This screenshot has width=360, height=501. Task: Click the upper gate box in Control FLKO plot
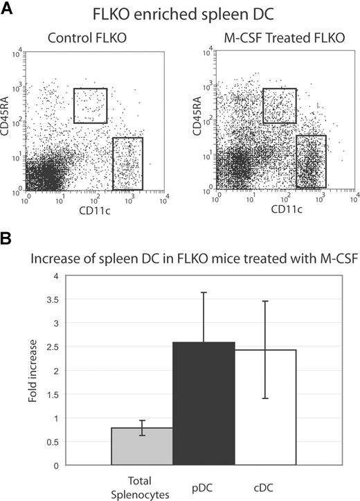(x=90, y=105)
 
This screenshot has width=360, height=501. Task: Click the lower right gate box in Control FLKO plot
(x=127, y=164)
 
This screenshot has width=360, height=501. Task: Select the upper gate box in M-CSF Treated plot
(x=279, y=105)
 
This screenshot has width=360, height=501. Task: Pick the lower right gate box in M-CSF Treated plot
(x=311, y=161)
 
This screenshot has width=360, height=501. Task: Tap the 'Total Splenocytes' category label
(x=141, y=484)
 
